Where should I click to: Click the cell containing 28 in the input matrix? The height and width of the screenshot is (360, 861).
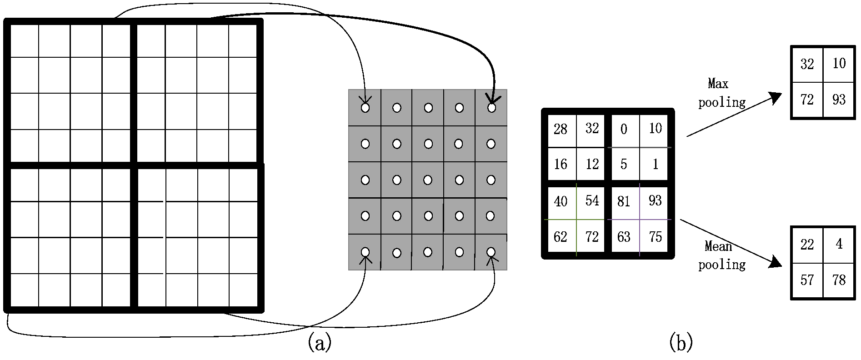[561, 129]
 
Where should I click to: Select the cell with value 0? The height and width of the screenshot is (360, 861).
[624, 130]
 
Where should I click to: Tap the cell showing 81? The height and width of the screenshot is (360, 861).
[624, 201]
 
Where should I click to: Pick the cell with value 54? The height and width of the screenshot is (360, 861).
[592, 201]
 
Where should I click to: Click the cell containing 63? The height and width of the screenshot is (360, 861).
[624, 237]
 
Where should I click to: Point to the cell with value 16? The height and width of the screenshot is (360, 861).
[561, 164]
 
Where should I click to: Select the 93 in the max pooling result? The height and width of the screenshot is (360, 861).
[839, 99]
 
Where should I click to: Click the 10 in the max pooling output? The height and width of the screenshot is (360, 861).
[839, 64]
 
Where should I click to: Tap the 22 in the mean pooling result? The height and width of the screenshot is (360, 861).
[807, 245]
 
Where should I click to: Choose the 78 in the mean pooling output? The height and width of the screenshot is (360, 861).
[839, 280]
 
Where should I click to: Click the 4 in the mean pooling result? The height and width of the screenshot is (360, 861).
[839, 245]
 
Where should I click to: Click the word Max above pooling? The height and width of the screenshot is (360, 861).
[718, 84]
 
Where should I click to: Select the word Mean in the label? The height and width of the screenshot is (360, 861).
[718, 246]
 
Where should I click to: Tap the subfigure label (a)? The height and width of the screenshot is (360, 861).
[320, 342]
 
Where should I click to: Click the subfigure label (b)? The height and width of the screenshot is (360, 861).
[681, 342]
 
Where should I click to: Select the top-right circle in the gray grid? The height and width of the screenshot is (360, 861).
[491, 108]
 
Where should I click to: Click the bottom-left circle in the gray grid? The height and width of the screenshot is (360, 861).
[365, 251]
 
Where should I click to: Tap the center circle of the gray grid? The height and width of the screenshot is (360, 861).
[428, 180]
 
